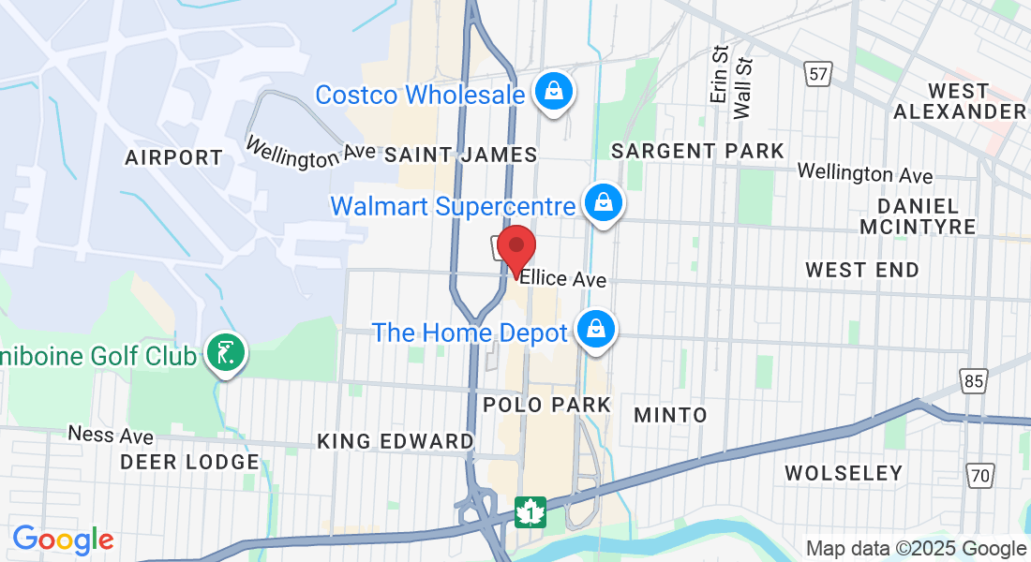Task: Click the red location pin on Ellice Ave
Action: [x=515, y=249]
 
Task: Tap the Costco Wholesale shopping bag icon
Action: [x=555, y=92]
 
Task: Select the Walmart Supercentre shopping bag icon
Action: [x=605, y=202]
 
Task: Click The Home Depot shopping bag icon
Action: [x=594, y=330]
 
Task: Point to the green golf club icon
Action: [x=225, y=353]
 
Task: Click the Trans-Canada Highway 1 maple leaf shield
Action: [x=530, y=511]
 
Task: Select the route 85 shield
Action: [x=975, y=379]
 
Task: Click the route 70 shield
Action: [x=980, y=476]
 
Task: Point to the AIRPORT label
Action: [x=173, y=158]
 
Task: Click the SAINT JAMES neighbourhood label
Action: [x=460, y=155]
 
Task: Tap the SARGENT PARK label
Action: [x=697, y=151]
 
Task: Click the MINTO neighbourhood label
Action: [x=670, y=414]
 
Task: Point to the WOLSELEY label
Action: [x=843, y=473]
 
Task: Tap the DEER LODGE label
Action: [x=189, y=462]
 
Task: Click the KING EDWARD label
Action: [x=395, y=441]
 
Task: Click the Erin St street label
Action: [x=720, y=75]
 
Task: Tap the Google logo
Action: [x=63, y=540]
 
